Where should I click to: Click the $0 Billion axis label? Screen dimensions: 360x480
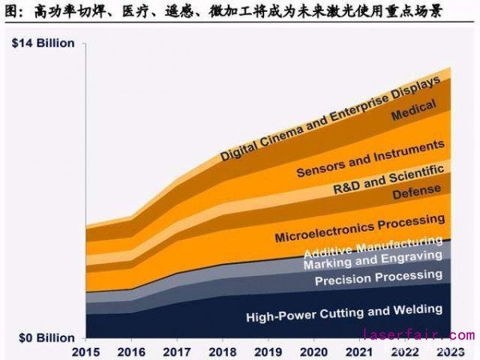[x=45, y=338]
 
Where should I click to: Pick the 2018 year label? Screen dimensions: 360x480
[x=221, y=352]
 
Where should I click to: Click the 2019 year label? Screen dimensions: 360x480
[x=266, y=352]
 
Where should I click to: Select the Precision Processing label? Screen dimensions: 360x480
[x=378, y=278]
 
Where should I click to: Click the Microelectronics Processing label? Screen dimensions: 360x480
[x=359, y=227]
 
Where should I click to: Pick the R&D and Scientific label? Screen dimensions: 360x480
[x=388, y=179]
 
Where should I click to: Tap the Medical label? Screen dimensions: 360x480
[x=414, y=111]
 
